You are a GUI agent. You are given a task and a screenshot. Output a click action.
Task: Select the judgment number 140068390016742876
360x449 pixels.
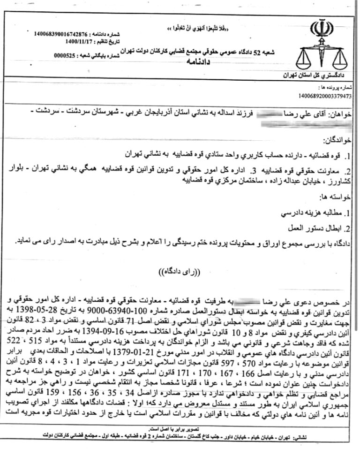[61, 34]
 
